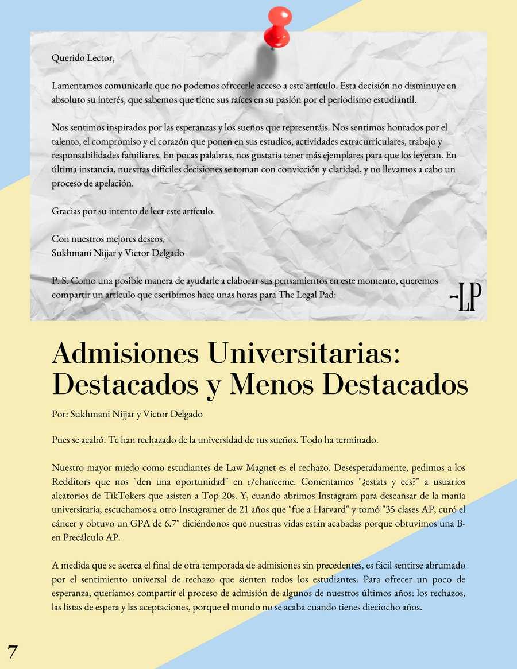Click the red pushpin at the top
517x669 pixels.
pos(277,26)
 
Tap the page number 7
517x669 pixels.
pos(13,652)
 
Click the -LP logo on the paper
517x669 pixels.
pos(465,296)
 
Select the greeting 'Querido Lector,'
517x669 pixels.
pos(83,57)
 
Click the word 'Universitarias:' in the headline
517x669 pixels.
pos(304,353)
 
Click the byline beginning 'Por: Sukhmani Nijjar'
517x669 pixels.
pos(126,413)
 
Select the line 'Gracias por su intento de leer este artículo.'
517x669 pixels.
pos(133,211)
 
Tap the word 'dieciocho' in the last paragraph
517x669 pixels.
pos(377,608)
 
